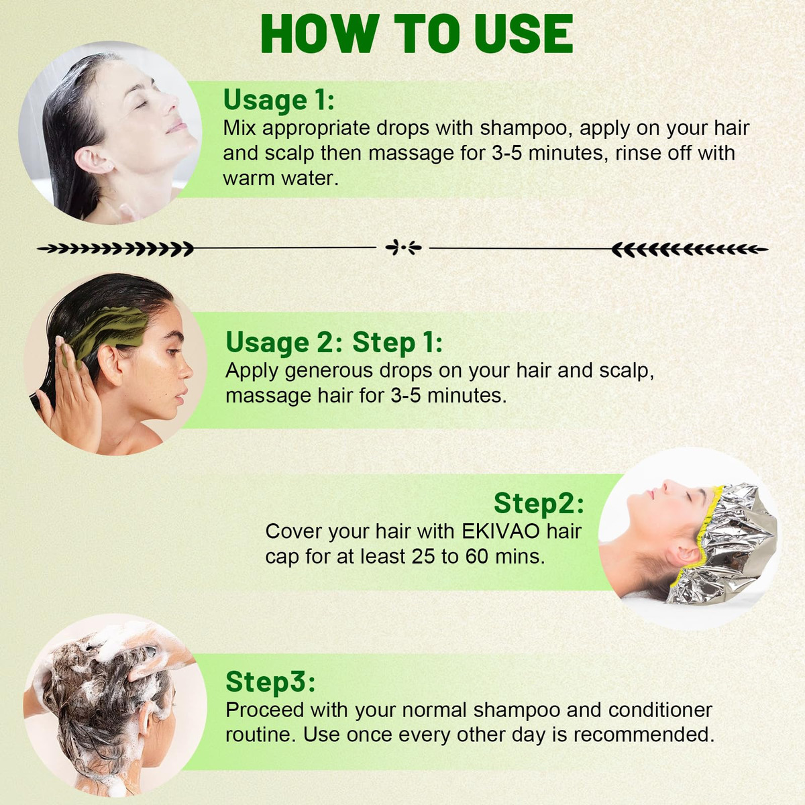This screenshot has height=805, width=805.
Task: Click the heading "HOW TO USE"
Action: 417,34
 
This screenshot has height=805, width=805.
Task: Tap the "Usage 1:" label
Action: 279,100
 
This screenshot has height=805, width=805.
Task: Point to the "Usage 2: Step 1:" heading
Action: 334,343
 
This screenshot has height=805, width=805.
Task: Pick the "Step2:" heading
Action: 539,503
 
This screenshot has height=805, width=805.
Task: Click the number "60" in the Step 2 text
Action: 477,557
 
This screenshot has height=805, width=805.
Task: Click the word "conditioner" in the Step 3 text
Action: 660,710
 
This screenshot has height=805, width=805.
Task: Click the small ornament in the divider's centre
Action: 403,248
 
